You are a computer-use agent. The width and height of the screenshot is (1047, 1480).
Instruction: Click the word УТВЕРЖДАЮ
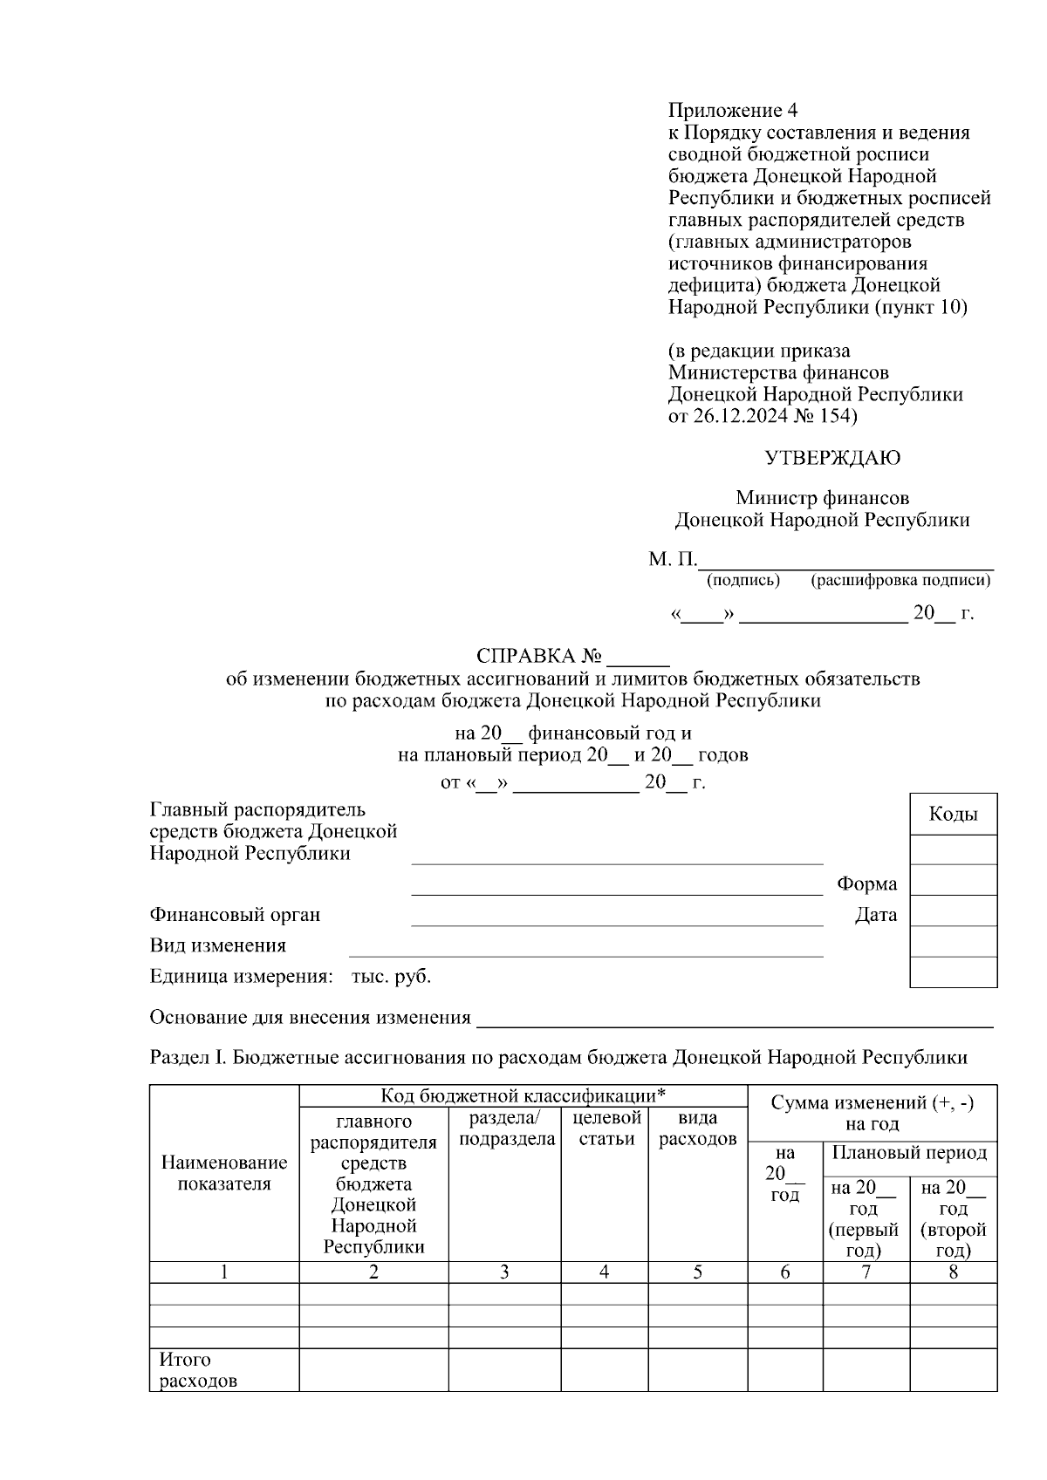coord(832,458)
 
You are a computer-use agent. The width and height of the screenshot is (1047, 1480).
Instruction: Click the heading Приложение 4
coord(732,111)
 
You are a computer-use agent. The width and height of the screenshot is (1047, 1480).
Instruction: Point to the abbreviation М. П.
coord(672,559)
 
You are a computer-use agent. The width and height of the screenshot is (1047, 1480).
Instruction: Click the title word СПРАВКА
coord(526,656)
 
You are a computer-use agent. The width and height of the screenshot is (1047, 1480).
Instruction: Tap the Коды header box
coord(953,815)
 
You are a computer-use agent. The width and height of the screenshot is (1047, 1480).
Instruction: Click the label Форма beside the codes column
coord(866,883)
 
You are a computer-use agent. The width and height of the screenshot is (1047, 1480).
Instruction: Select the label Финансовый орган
coord(235,915)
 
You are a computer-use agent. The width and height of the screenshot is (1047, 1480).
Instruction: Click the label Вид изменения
coord(217,945)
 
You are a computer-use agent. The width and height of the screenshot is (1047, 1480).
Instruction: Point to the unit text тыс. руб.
coord(391,977)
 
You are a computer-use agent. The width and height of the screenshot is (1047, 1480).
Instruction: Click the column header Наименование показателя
coord(224,1173)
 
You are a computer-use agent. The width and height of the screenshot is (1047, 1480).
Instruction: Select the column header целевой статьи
coord(604,1129)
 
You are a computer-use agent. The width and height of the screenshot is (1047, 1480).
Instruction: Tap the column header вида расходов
coord(697,1129)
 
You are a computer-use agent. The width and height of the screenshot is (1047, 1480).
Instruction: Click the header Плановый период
coord(909,1153)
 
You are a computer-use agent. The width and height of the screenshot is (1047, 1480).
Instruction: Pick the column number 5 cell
coord(697,1272)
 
